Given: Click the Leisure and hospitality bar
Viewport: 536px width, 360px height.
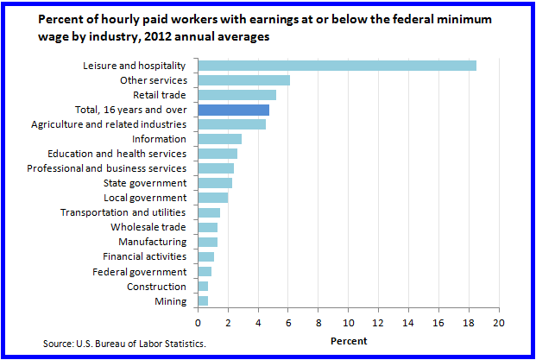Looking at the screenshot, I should (x=337, y=66).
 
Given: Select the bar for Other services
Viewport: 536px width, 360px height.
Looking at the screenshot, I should (x=243, y=80).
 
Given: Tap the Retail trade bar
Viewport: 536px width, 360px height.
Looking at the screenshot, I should (x=236, y=95).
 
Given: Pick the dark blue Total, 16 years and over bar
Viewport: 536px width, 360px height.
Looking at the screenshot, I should (x=233, y=110).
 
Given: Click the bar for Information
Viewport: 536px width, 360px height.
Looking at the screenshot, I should (x=219, y=139).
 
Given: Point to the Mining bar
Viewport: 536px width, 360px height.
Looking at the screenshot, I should (x=203, y=300).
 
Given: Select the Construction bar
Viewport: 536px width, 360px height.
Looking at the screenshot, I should (x=203, y=286).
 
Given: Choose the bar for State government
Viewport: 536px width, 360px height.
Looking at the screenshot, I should (x=215, y=183).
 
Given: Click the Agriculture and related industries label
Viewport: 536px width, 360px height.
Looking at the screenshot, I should (x=109, y=124).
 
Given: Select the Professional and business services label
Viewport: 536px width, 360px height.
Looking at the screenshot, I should (x=106, y=168).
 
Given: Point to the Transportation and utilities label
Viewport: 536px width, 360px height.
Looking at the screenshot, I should (x=123, y=212).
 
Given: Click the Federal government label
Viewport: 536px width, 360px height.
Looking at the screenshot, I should (x=140, y=271).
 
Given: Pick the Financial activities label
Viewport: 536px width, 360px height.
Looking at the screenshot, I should (x=144, y=256).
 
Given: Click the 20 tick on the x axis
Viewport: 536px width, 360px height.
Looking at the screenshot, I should (x=498, y=323).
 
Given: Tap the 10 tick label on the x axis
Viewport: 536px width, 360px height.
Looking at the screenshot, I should (x=348, y=323).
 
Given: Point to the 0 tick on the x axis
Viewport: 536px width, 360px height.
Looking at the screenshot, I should (x=199, y=323).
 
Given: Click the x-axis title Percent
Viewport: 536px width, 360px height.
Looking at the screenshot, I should (x=349, y=341).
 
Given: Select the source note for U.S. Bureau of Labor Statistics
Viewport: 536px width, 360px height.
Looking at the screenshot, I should (x=125, y=344).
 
